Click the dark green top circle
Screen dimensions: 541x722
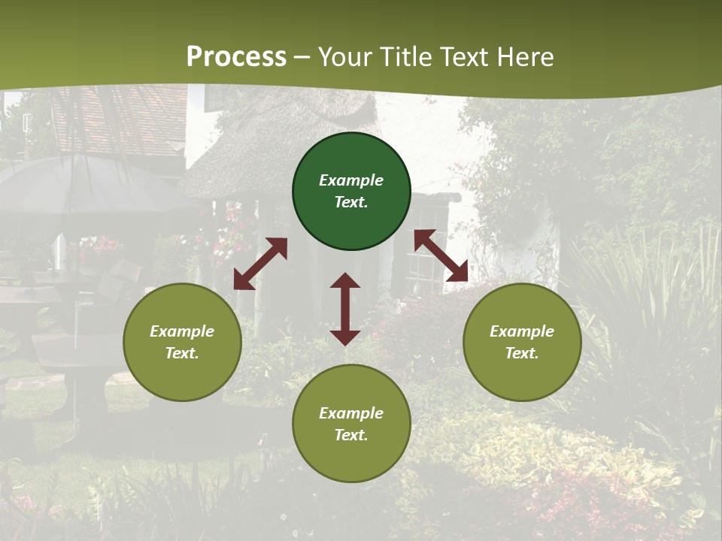351,192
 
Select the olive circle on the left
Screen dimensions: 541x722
182,342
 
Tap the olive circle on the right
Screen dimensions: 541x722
522,342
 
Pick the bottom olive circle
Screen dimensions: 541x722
351,424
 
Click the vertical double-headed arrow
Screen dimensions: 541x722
345,309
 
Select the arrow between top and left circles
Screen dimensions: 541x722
260,264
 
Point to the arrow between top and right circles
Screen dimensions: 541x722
441,255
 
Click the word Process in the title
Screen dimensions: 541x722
236,57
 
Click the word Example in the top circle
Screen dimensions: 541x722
351,180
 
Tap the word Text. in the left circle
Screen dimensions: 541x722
182,353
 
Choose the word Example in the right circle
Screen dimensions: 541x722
522,331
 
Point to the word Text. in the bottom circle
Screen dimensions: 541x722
351,435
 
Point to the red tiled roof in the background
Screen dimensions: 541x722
124,120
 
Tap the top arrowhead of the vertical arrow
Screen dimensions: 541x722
345,281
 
